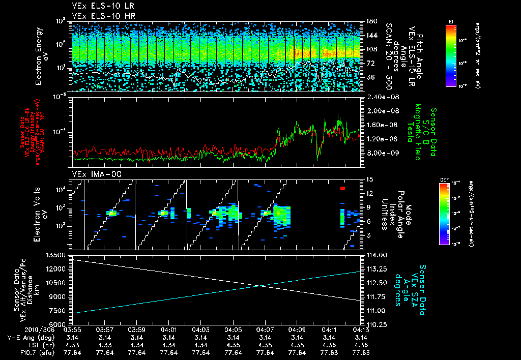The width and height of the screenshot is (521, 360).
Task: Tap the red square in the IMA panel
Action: click(x=343, y=189)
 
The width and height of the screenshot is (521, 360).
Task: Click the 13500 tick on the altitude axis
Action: click(x=56, y=255)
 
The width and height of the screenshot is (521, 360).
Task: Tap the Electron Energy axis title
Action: click(x=41, y=56)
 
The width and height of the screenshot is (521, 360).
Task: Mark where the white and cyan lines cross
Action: click(x=260, y=285)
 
